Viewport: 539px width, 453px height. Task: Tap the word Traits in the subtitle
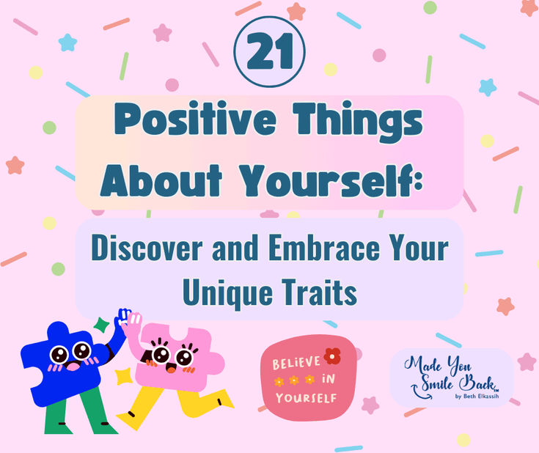(318, 292)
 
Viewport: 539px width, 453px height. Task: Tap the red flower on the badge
(332, 356)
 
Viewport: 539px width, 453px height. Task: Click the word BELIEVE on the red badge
(297, 363)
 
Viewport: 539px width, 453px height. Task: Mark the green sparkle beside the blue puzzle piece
(102, 323)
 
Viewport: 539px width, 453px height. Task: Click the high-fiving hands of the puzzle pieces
(128, 320)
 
